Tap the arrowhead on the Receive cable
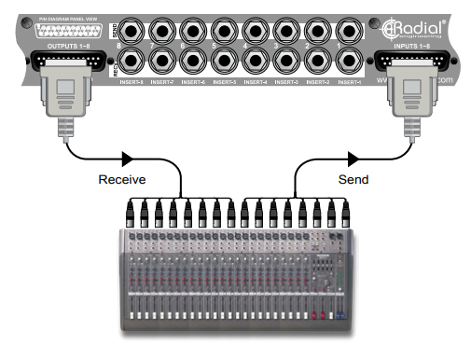[126, 157]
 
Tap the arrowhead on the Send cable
[350, 157]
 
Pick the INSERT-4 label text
[255, 82]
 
